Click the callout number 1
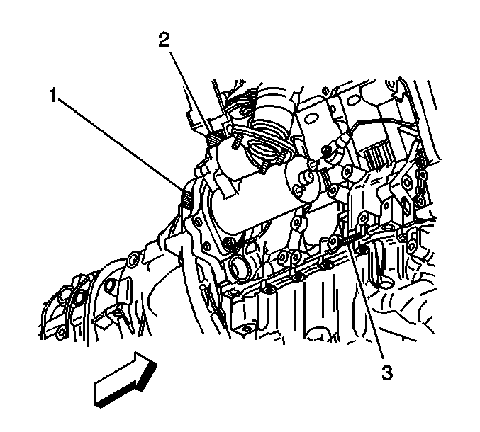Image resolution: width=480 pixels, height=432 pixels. pos(54,95)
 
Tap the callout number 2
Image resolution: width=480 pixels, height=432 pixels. pos(164,40)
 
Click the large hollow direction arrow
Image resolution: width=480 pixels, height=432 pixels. pos(125,380)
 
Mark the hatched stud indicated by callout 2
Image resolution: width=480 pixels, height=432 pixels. pos(213,139)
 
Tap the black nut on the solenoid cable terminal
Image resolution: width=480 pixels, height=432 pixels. pos(326,151)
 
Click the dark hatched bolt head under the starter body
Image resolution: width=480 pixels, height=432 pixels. pos(229,243)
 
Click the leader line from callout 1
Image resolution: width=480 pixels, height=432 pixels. pos(122,144)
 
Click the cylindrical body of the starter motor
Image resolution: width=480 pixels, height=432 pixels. pos(251,195)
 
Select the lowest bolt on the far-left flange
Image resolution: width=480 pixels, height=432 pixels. pos(61,331)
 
